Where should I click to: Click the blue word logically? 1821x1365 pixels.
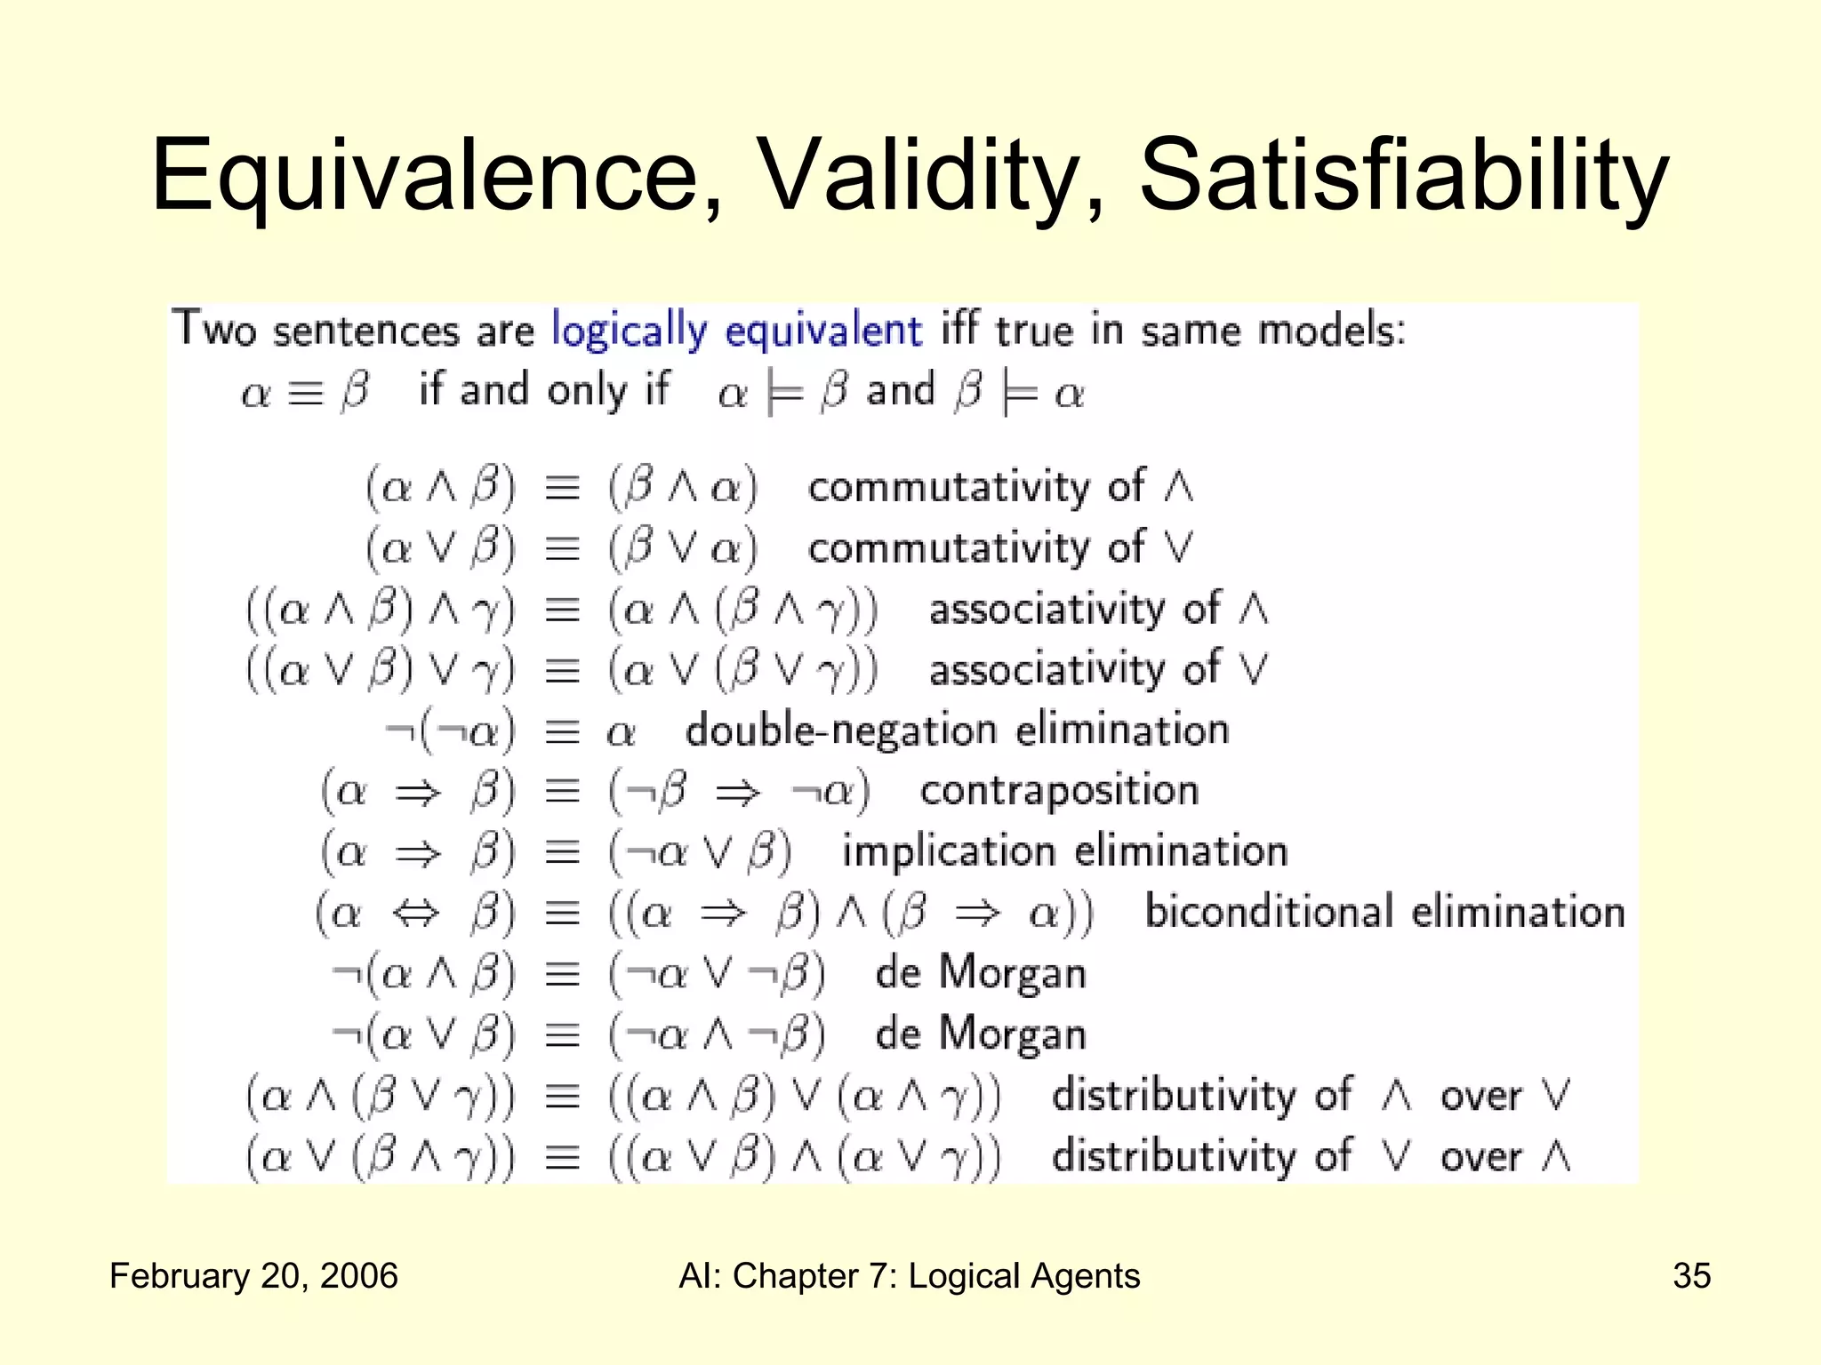[628, 331]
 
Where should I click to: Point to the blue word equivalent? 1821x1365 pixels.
[822, 331]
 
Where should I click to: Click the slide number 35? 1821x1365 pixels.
[1691, 1276]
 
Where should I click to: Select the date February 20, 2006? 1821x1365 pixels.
[253, 1276]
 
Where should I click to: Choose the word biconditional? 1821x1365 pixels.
[1269, 913]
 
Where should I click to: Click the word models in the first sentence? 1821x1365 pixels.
[1330, 331]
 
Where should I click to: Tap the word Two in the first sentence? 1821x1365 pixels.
[213, 330]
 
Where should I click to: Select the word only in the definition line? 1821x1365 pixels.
[586, 392]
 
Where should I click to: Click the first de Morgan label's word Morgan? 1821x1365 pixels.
[1012, 973]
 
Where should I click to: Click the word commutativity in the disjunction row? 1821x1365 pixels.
[948, 549]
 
